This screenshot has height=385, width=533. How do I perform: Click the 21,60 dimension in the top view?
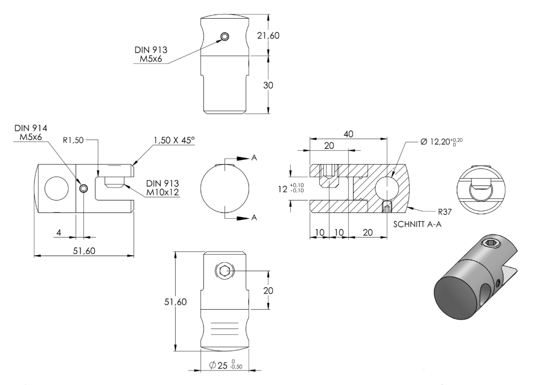click(x=268, y=35)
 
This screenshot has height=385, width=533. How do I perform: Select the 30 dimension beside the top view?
click(x=268, y=85)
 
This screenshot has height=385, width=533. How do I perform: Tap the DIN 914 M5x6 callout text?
click(x=31, y=132)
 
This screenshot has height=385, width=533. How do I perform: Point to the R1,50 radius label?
click(x=73, y=140)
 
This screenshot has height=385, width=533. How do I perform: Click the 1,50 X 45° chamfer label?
click(x=174, y=140)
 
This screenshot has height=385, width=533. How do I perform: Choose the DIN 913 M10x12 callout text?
click(x=162, y=188)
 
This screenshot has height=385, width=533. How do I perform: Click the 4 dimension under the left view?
click(x=59, y=233)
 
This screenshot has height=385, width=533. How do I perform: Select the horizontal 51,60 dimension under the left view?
click(x=84, y=251)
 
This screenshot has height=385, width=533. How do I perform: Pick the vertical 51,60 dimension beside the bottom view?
click(x=175, y=302)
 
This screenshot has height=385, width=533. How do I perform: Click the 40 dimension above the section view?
click(x=348, y=134)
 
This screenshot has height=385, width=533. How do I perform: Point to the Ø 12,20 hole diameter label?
click(x=441, y=141)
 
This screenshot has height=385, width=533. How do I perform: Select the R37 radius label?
click(x=445, y=212)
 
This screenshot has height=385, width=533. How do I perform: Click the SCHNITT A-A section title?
click(x=418, y=224)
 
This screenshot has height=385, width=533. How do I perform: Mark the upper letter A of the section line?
click(x=254, y=158)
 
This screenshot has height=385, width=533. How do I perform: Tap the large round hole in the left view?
click(x=57, y=189)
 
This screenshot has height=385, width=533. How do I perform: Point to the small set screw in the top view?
click(x=225, y=36)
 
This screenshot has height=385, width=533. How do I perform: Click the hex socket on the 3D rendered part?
click(x=491, y=243)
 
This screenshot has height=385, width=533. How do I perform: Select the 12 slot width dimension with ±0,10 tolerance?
click(x=291, y=189)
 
